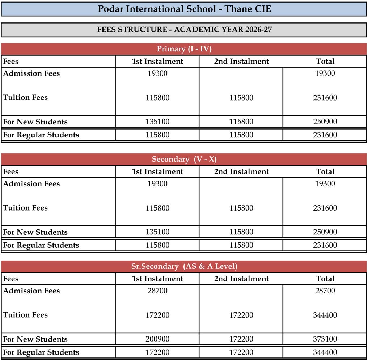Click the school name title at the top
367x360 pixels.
(184, 9)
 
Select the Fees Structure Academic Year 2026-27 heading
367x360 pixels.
(184, 30)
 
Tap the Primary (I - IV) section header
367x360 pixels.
(184, 49)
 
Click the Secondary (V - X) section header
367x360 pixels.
(184, 159)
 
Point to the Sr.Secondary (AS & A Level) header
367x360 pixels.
(184, 267)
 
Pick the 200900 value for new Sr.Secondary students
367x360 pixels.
(157, 339)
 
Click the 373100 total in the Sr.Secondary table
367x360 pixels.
(325, 339)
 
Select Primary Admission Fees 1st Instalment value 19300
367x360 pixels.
(157, 73)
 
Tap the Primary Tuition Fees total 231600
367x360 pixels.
(325, 98)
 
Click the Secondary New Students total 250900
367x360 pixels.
(325, 232)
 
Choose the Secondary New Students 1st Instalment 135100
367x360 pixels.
(157, 232)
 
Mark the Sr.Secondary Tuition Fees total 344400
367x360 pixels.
(325, 315)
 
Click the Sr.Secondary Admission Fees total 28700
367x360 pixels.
(325, 291)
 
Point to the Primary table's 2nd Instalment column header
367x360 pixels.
(241, 62)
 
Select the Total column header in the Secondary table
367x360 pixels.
(325, 172)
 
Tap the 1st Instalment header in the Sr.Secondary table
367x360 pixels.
(157, 279)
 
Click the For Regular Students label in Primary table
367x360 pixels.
(41, 135)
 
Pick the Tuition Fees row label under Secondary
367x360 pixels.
(25, 208)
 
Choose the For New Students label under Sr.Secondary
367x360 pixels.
(35, 339)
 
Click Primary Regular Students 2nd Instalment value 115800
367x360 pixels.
(241, 135)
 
